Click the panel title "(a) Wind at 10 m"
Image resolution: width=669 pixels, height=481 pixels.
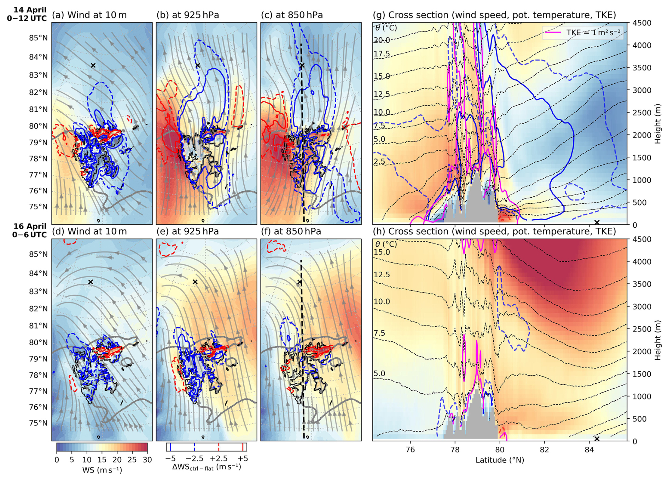pyautogui.click(x=89, y=15)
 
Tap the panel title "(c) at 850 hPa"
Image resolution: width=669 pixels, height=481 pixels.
pyautogui.click(x=292, y=15)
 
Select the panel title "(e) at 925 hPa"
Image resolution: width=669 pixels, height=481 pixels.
pyautogui.click(x=187, y=231)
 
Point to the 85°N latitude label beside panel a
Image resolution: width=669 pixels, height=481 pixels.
pyautogui.click(x=38, y=38)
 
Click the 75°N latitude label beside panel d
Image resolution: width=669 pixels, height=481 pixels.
pyautogui.click(x=38, y=423)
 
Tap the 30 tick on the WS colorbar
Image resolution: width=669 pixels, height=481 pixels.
pyautogui.click(x=147, y=460)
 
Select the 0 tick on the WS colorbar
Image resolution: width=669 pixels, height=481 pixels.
pyautogui.click(x=57, y=460)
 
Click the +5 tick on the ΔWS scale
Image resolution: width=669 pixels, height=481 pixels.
pyautogui.click(x=243, y=459)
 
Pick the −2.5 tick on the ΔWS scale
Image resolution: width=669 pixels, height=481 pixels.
pyautogui.click(x=194, y=459)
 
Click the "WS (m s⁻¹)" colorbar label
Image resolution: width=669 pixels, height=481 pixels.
pyautogui.click(x=102, y=470)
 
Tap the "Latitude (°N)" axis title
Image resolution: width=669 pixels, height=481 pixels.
pyautogui.click(x=500, y=460)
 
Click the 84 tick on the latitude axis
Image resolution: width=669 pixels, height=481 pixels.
pyautogui.click(x=589, y=450)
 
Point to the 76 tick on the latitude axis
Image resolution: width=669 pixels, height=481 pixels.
pyautogui.click(x=410, y=450)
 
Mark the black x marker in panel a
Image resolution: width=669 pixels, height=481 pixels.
pyautogui.click(x=93, y=65)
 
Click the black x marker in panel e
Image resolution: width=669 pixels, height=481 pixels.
pyautogui.click(x=195, y=282)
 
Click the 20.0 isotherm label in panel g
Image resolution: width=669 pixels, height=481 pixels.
pyautogui.click(x=382, y=40)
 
